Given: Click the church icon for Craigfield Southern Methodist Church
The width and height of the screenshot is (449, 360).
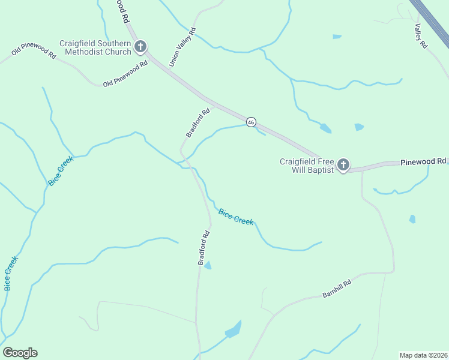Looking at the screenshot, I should pos(140,46).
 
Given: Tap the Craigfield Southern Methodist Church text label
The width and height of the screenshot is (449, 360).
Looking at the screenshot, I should pos(95,47).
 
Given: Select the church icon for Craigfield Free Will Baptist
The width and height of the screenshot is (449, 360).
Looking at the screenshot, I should pos(343,165).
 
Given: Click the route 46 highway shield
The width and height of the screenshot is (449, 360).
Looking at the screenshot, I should pos(251,122).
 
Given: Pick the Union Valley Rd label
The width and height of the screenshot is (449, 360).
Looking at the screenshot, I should pos(182,47).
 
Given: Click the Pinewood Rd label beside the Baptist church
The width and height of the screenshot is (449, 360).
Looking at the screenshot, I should pos(424,161).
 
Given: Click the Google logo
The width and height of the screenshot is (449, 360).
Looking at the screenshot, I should pos(20,353).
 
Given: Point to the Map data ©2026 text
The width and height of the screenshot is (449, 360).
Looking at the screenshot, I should pos(423,355).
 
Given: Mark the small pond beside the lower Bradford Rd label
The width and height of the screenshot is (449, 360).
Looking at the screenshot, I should pos(208,265).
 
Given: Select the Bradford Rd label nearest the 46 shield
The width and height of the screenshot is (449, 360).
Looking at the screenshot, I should pos(197,122).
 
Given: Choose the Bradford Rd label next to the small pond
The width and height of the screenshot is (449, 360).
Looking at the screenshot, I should pos(203,247).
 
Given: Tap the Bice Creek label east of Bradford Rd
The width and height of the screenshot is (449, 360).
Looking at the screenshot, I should pos(236,217).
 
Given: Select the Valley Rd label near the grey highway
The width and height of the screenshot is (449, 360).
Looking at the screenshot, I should pos(420,36).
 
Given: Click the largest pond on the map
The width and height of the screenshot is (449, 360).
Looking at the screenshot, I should pos(234,329).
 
